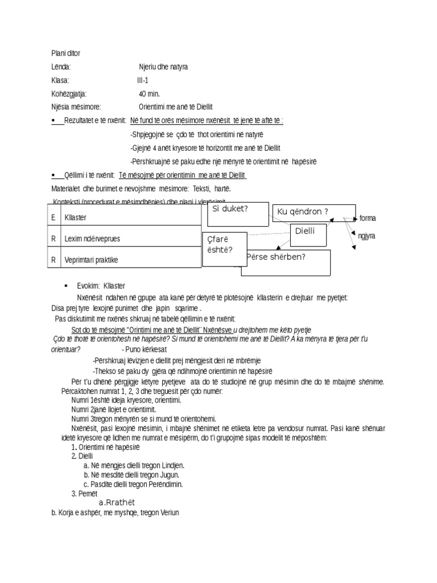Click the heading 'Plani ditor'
[65, 54]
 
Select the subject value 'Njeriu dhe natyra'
[163, 67]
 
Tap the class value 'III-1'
[142, 80]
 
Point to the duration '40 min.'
[150, 93]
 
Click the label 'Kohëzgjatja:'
[69, 93]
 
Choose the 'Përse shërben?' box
[286, 261]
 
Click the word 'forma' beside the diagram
[368, 219]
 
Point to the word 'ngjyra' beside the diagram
[366, 236]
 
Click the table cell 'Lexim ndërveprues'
[92, 239]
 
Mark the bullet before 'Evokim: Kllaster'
[66, 285]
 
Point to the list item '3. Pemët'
[85, 493]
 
